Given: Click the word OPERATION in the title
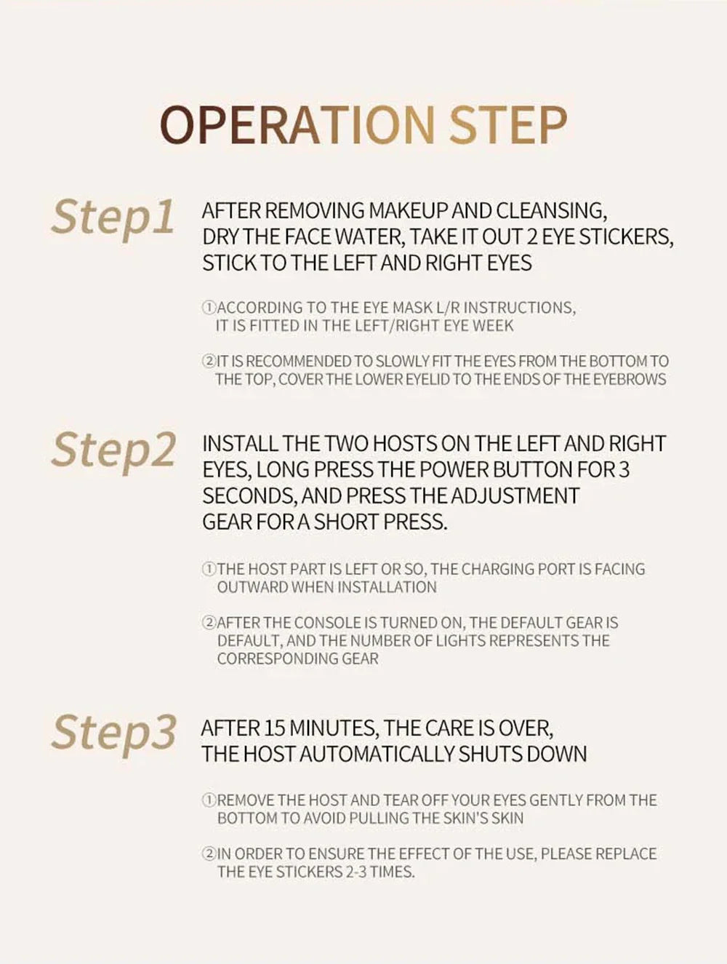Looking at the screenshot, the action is [x=297, y=125].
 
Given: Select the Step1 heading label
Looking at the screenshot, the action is [x=113, y=220].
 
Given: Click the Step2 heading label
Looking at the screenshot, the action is [x=113, y=453].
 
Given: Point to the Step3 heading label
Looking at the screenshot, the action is [x=113, y=734].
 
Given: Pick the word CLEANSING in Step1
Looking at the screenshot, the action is [x=552, y=212].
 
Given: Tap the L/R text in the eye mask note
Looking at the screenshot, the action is [x=448, y=308].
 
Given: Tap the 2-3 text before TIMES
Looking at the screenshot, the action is [x=355, y=872].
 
